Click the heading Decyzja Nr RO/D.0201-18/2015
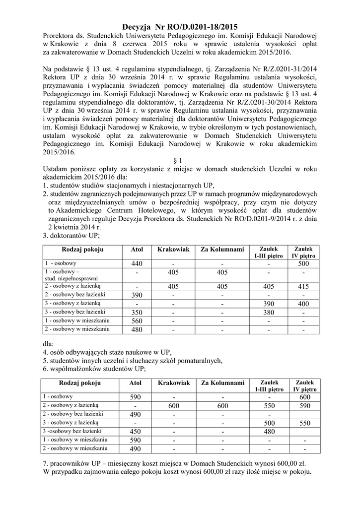(x=180, y=27)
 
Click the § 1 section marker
(x=180, y=160)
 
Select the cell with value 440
(x=137, y=263)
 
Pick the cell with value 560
(x=137, y=320)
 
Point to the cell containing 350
(x=137, y=312)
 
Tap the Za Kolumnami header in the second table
(x=223, y=383)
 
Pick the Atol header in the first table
(x=137, y=249)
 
